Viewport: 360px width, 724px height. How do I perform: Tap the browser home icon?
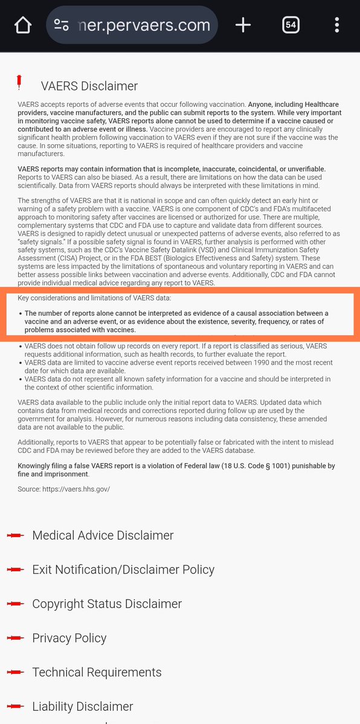point(23,25)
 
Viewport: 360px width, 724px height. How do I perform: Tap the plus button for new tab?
point(243,25)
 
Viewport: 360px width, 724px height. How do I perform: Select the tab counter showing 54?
point(291,25)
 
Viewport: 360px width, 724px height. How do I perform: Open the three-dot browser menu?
point(337,25)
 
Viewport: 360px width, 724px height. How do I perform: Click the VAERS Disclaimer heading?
point(89,86)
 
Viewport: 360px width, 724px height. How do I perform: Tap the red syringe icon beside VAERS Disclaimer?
point(20,82)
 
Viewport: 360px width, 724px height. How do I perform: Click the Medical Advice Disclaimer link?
point(103,536)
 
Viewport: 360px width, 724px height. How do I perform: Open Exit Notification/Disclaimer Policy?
point(123,569)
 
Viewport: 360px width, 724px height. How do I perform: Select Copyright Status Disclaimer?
point(107,604)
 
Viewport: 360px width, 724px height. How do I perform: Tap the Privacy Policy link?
point(69,638)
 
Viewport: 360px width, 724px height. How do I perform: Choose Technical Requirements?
point(97,673)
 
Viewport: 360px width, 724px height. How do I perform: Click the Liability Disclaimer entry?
point(83,706)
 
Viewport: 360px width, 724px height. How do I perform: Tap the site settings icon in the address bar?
point(62,25)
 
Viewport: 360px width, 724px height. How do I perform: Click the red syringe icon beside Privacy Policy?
point(16,639)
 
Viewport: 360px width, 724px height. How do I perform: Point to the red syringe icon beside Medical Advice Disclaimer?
point(16,536)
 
